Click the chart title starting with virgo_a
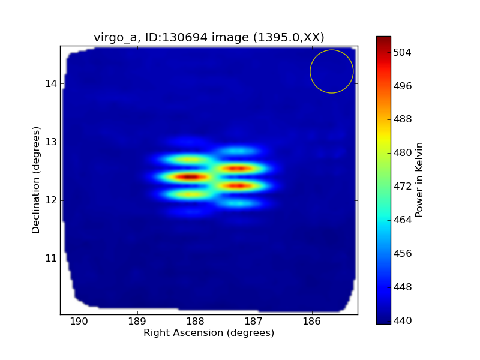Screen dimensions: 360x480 (209, 37)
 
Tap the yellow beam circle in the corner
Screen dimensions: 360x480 (331, 71)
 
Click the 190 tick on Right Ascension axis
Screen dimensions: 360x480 (79, 321)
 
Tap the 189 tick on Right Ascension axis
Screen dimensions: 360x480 (137, 321)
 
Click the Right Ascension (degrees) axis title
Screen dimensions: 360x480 (209, 333)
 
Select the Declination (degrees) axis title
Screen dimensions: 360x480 (37, 179)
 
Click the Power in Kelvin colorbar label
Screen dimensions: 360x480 (419, 179)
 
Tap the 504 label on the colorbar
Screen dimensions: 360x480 (402, 53)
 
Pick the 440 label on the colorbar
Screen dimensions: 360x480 (402, 320)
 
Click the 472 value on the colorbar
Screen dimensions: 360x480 (402, 187)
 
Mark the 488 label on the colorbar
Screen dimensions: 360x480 (402, 119)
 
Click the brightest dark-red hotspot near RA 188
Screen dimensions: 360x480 (190, 176)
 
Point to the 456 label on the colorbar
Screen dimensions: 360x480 (402, 253)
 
